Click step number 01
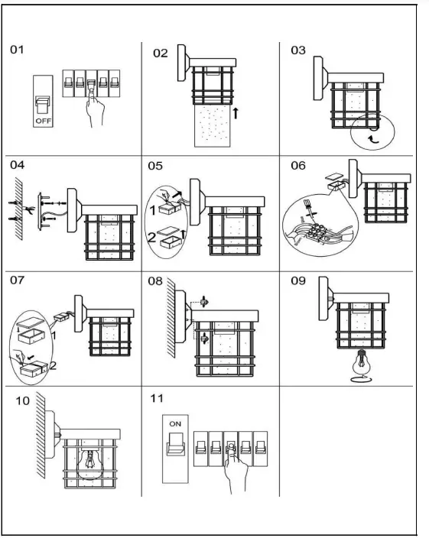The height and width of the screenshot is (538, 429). tap(17, 50)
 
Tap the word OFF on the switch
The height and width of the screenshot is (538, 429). tap(42, 121)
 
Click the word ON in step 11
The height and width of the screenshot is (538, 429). tap(175, 422)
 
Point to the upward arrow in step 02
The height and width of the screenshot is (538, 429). tap(236, 112)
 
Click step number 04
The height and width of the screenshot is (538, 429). tap(17, 164)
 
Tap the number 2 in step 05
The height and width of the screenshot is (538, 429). tap(153, 238)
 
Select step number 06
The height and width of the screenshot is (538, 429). tap(298, 165)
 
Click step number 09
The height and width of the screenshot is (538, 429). tap(298, 280)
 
